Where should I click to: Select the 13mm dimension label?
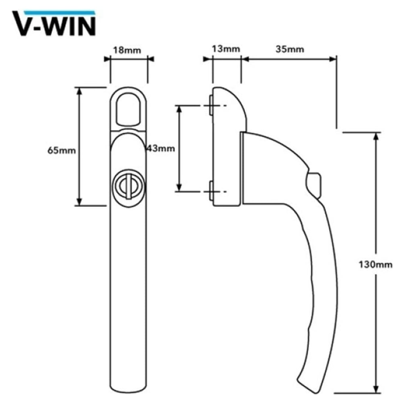[226, 49]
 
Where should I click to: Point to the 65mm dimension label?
[62, 150]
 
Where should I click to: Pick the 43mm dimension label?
[161, 148]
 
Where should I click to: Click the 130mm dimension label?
[375, 265]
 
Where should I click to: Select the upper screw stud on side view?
[211, 106]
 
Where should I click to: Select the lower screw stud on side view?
[211, 191]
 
